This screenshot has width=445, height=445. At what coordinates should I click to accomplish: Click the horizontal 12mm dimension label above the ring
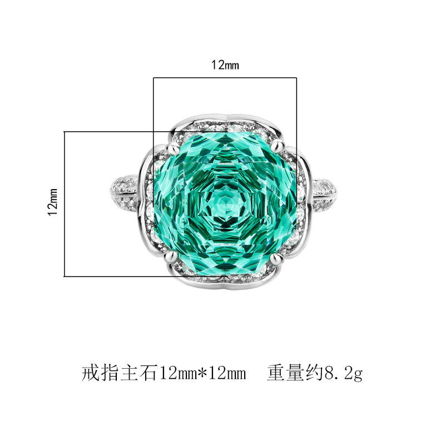(225, 65)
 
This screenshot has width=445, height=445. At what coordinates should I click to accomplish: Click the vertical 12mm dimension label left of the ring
(53, 202)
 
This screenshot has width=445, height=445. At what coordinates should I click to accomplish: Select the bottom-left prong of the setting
(171, 256)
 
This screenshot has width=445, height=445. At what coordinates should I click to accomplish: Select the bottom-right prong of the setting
(276, 258)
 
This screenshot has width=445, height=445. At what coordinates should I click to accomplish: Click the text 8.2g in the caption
(344, 373)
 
